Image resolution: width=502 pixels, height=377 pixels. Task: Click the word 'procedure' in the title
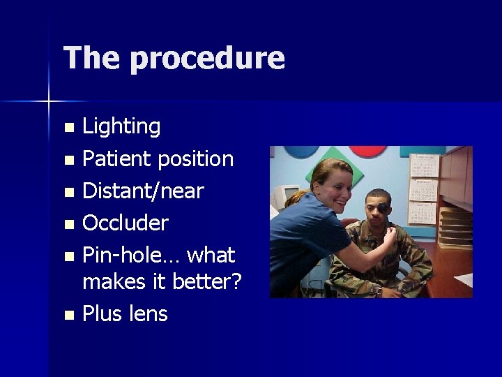pyautogui.click(x=207, y=59)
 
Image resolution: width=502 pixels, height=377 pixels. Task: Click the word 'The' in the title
pyautogui.click(x=91, y=57)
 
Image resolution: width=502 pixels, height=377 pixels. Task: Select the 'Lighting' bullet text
pyautogui.click(x=121, y=127)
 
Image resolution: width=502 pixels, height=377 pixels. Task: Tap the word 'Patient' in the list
pyautogui.click(x=117, y=159)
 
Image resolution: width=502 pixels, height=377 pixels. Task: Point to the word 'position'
pyautogui.click(x=195, y=159)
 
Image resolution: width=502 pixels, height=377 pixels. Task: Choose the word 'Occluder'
pyautogui.click(x=125, y=223)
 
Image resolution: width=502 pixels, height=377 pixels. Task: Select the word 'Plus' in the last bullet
pyautogui.click(x=102, y=314)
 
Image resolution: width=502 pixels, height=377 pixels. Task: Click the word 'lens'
pyautogui.click(x=148, y=314)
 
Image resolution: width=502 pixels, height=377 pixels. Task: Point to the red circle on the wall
pyautogui.click(x=367, y=150)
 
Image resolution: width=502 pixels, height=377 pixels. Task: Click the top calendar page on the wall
pyautogui.click(x=423, y=165)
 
